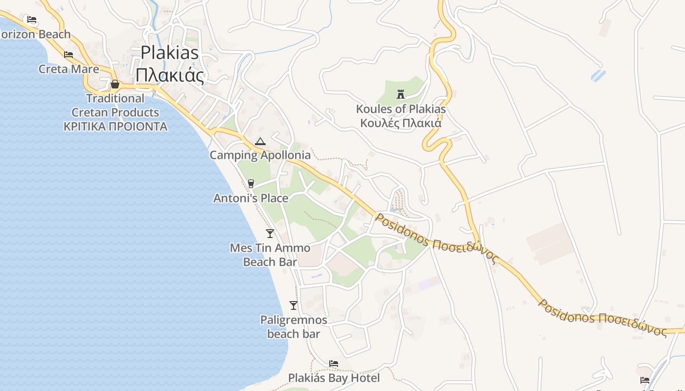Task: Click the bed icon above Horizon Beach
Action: (x=32, y=20)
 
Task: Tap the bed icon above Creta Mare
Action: (x=68, y=54)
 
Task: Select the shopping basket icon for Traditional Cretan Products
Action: (x=115, y=84)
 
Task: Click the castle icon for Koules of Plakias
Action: (x=401, y=94)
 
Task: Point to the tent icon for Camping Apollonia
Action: (x=260, y=141)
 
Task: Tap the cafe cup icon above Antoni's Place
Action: (x=251, y=183)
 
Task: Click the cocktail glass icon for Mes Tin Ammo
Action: (x=270, y=233)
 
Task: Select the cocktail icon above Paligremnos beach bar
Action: (x=294, y=305)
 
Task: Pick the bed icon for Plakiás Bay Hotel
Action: (x=334, y=364)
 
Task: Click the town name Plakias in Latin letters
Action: (x=170, y=52)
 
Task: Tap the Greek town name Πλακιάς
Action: (x=169, y=75)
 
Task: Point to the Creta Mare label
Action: (x=69, y=69)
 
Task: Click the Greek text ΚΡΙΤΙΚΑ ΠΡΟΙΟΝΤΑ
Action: (x=115, y=127)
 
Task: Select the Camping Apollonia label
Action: (x=260, y=155)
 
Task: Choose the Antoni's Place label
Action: (x=251, y=198)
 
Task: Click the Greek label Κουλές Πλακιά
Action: (x=401, y=123)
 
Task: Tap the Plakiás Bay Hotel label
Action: (x=334, y=378)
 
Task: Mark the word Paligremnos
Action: (x=294, y=320)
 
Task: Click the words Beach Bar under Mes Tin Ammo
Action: (x=270, y=262)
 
